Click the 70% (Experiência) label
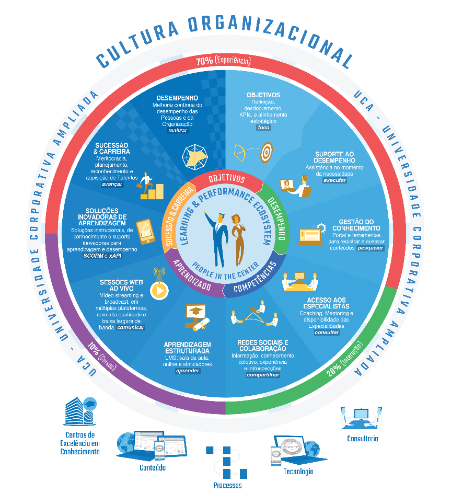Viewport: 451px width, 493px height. [223, 61]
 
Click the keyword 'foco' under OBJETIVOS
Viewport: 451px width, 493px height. [264, 128]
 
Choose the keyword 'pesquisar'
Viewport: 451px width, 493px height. [371, 248]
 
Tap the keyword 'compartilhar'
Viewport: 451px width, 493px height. [263, 375]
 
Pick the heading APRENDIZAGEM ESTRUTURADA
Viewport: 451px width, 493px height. [187, 348]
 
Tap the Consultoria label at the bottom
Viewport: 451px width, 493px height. [362, 439]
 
